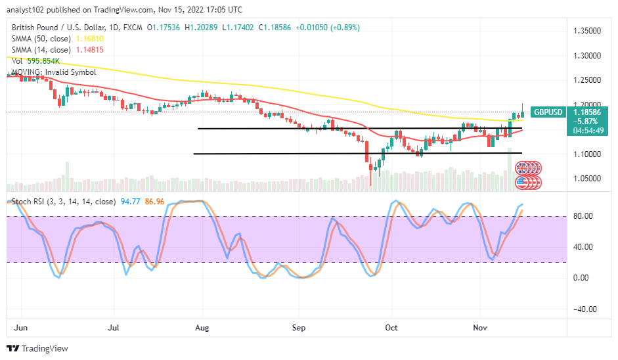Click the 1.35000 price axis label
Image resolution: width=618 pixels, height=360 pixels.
coord(588,30)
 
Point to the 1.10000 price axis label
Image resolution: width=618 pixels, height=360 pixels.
coord(588,154)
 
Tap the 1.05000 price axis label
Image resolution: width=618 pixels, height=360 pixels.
coord(588,178)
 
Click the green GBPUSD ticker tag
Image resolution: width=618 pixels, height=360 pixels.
coord(547,112)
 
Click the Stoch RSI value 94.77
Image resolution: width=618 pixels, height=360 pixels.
coord(128,202)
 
